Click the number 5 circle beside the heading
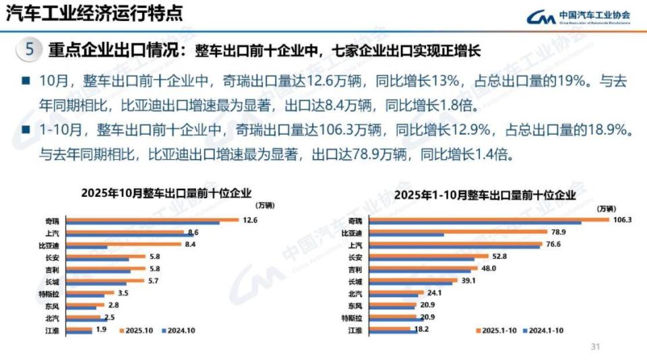pos(29,50)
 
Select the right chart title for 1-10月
pos(485,195)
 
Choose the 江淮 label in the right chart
pos(355,330)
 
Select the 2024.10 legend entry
pos(178,331)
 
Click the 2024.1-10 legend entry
pos(544,331)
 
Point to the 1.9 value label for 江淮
pos(101,329)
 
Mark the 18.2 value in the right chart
pos(421,329)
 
